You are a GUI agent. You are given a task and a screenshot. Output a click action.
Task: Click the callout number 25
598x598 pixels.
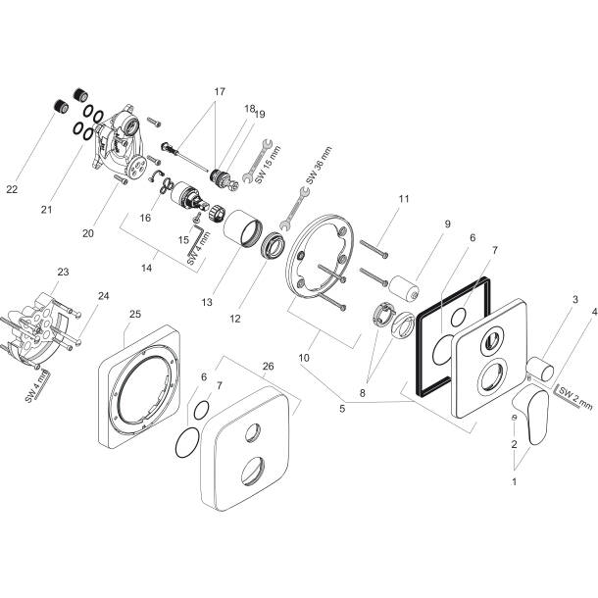coord(135,314)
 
